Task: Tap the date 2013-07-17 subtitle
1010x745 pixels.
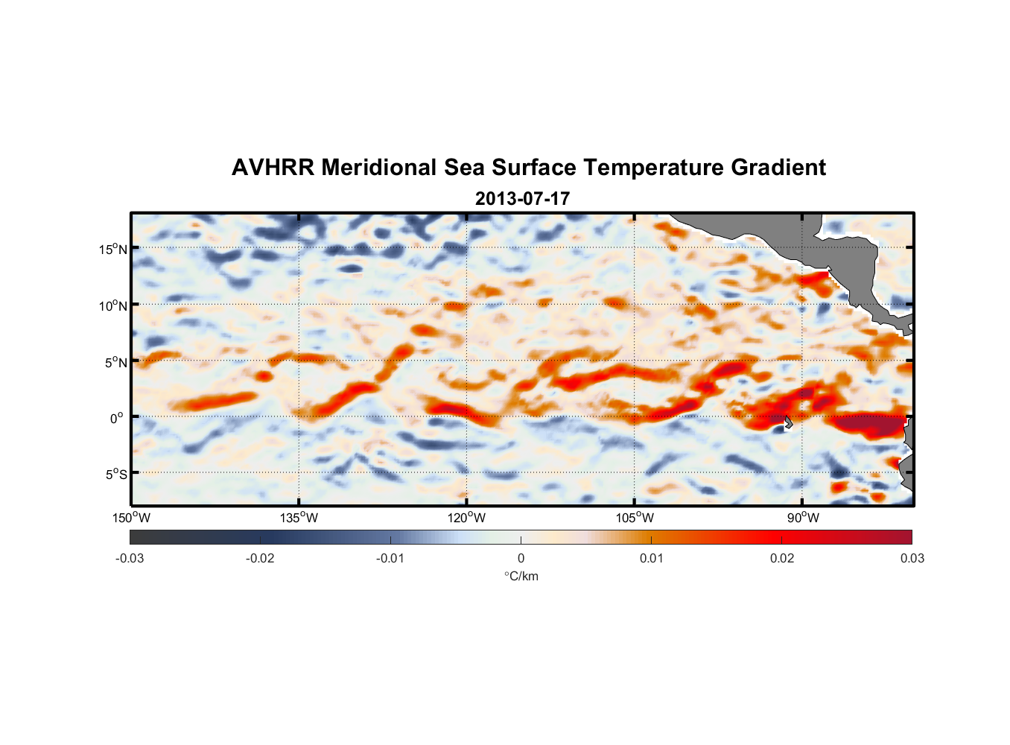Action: [522, 199]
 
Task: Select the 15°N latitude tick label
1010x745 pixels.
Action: [113, 249]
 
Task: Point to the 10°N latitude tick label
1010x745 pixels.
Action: [113, 305]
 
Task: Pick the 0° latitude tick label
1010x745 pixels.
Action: [117, 418]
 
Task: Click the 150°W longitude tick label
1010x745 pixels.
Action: [131, 518]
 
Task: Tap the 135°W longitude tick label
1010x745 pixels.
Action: [299, 518]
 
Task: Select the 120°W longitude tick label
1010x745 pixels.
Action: [467, 518]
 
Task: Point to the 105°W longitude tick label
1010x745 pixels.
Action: [635, 518]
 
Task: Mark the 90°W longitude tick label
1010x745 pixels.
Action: [803, 518]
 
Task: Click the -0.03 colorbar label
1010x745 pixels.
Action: [130, 558]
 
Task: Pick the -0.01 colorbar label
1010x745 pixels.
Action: [390, 558]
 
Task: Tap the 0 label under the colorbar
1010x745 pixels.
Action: [521, 558]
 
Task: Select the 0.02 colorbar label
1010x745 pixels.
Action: [782, 558]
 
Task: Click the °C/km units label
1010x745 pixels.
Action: [521, 576]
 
